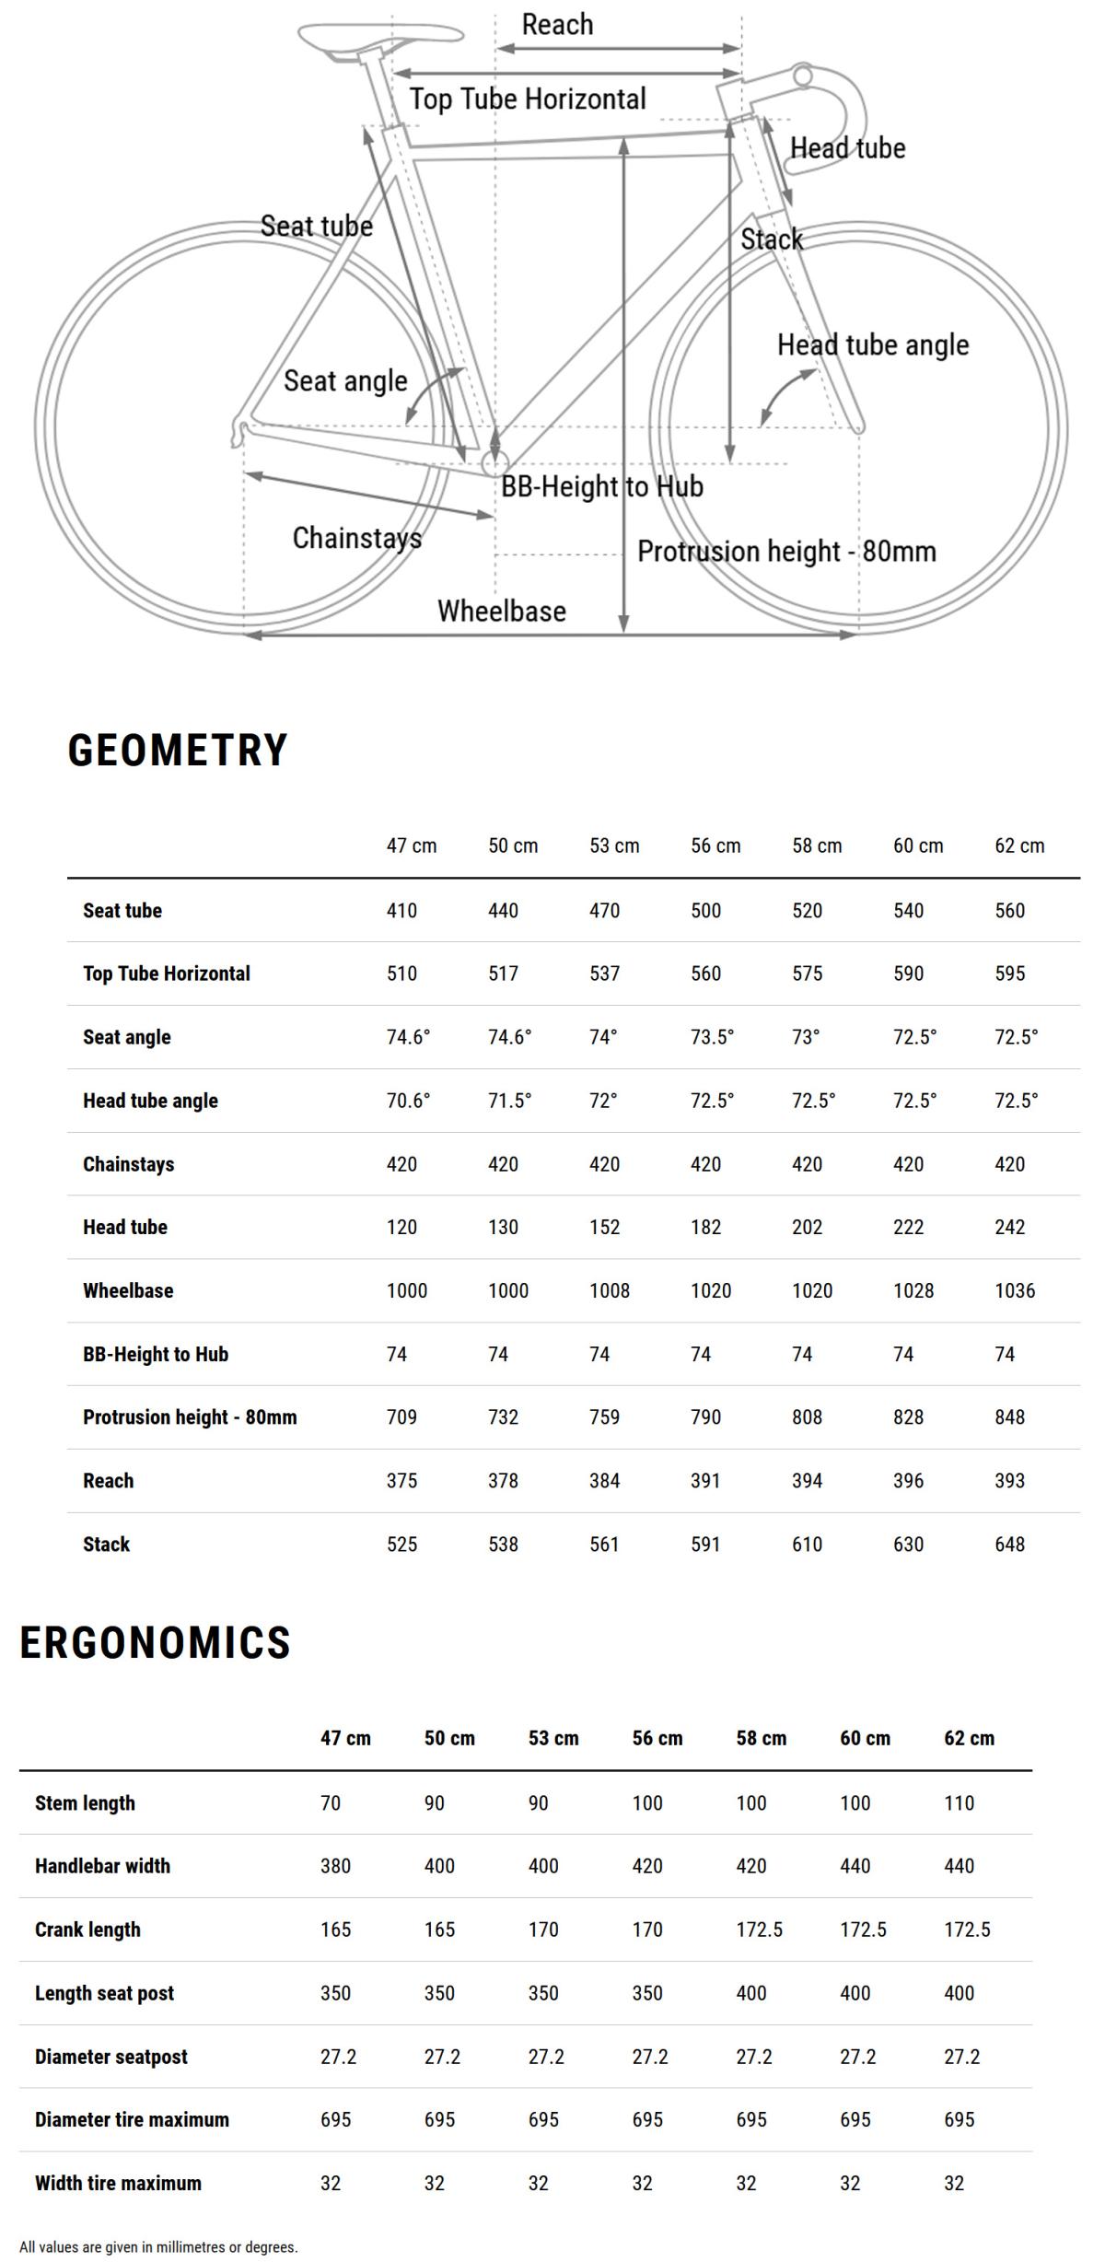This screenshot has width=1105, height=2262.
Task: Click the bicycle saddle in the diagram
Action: [378, 36]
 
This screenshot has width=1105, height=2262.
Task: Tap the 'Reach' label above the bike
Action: [557, 25]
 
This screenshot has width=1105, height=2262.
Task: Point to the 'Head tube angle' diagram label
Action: [872, 345]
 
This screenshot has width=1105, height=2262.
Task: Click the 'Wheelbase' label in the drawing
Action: [501, 611]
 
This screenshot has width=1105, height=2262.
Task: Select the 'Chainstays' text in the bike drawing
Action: [356, 538]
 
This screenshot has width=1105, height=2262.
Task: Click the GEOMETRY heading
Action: [178, 751]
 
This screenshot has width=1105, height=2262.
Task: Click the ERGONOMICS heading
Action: [155, 1643]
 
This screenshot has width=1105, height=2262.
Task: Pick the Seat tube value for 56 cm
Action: [705, 911]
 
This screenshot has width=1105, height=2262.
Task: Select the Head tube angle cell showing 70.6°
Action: [408, 1101]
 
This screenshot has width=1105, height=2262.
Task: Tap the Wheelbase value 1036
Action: [1014, 1291]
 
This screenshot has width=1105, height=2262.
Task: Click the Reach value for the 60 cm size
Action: [908, 1481]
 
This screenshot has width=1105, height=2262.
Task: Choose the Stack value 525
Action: [401, 1545]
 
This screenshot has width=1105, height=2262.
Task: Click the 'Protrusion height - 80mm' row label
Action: [190, 1417]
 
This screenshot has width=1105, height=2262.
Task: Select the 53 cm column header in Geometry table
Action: [614, 845]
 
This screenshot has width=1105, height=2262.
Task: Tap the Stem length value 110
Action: [959, 1803]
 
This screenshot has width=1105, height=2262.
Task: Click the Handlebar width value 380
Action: [335, 1866]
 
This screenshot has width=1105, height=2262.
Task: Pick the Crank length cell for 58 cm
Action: [759, 1930]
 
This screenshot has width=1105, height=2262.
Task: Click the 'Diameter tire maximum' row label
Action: [132, 2120]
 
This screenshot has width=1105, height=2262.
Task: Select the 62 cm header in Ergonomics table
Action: [969, 1739]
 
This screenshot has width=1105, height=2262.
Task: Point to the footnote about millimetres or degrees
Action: [158, 2247]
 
